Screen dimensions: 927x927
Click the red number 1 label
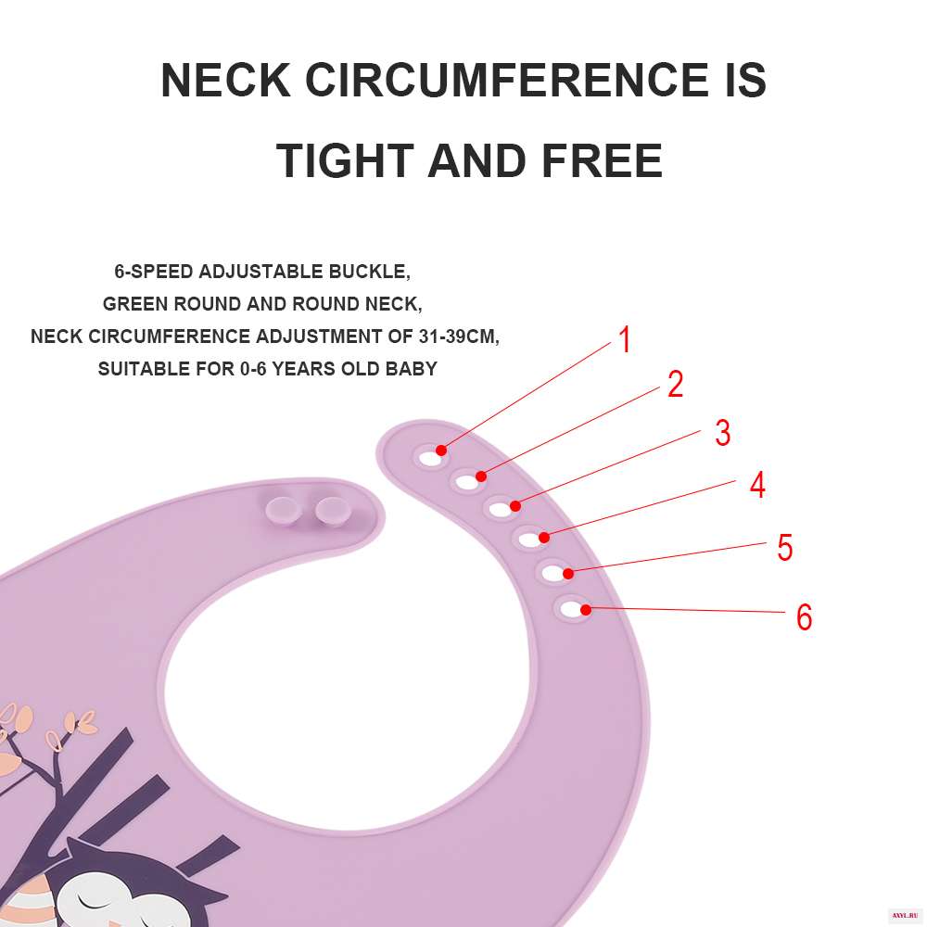(x=625, y=340)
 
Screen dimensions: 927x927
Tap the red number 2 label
(x=675, y=385)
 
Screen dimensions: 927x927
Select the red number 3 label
(x=722, y=433)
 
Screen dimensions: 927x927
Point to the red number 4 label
(x=757, y=485)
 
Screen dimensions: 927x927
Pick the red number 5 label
(x=784, y=548)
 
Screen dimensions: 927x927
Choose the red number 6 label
(x=804, y=617)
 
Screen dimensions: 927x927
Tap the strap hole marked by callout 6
(x=574, y=610)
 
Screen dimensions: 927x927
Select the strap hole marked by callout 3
(x=500, y=508)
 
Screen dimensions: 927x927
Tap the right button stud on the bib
(x=330, y=508)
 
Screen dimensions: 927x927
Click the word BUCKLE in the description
(x=368, y=273)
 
